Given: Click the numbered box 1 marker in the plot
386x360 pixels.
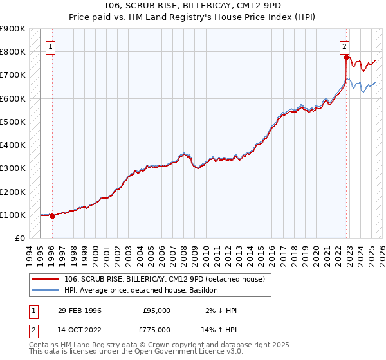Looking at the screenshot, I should coord(50,46).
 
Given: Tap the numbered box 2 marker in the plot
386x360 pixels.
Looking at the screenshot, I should coord(345,46).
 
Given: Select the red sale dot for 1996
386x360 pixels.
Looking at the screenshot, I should coord(52,216).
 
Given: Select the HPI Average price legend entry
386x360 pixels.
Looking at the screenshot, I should coord(141,291).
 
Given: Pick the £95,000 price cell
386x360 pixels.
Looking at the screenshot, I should coord(156,310).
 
